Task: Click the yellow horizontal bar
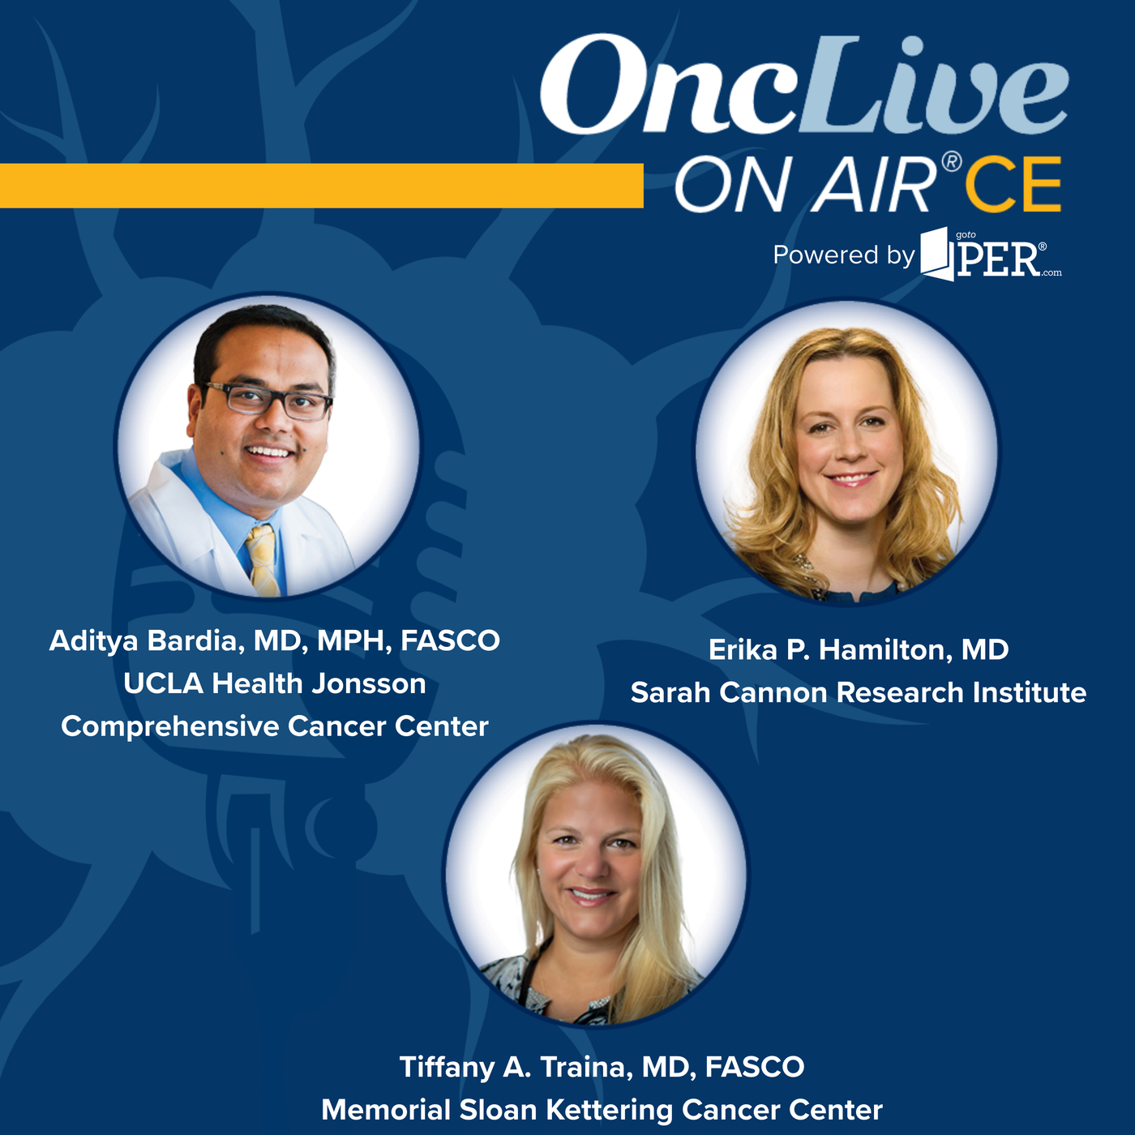coord(322,186)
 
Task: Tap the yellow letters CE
coord(1013,184)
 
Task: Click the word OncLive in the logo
coord(804,84)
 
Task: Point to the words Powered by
coord(844,255)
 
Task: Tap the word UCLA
coord(163,683)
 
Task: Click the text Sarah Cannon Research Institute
coord(859,692)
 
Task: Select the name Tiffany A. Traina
coord(516,1067)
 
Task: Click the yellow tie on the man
coord(263,559)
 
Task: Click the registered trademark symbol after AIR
coord(952,162)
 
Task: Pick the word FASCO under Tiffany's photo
coord(755,1067)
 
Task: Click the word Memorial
coord(387,1110)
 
